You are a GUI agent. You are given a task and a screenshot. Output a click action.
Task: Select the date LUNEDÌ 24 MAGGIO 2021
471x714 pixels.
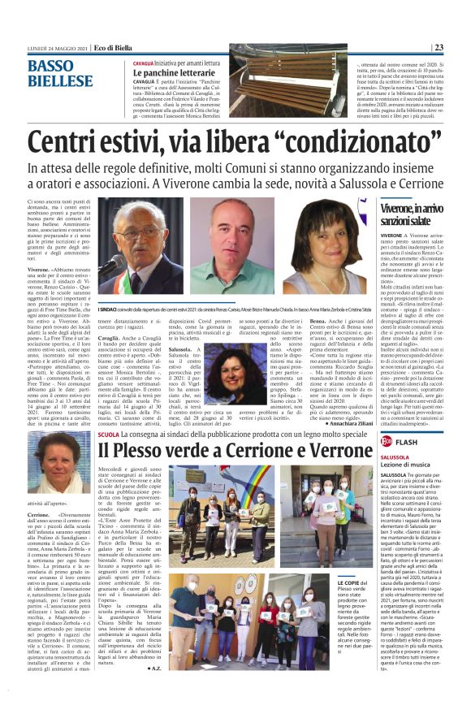point(57,48)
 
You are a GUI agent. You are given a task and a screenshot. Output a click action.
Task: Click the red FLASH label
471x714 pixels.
point(411,441)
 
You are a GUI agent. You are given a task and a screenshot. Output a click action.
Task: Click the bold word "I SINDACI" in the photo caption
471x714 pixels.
point(110,309)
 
